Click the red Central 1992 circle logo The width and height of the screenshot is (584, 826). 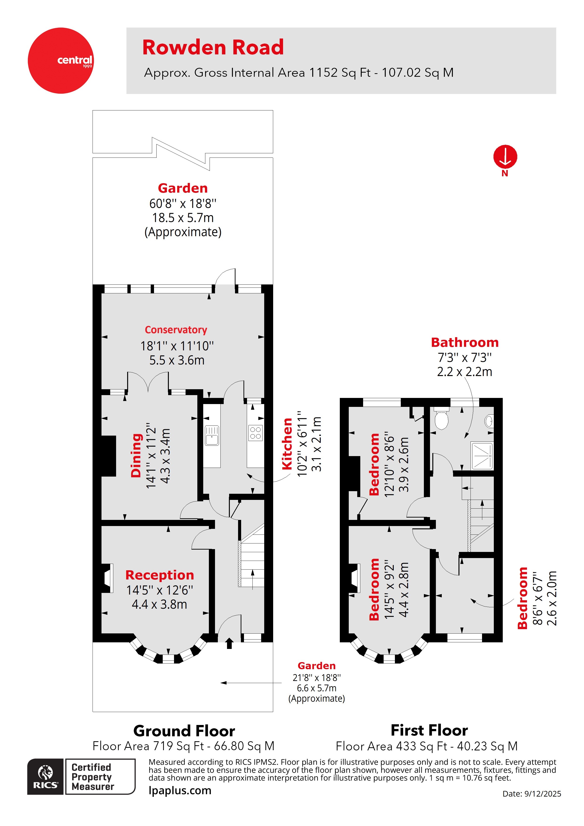(61, 61)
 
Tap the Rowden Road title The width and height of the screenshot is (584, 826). (213, 48)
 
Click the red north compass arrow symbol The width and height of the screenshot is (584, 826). (505, 157)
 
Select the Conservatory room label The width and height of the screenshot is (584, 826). (176, 330)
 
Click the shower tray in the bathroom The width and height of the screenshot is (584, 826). (482, 456)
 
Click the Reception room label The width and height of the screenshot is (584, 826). (159, 575)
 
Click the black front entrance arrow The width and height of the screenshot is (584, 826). (229, 643)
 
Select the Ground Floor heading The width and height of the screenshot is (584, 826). (184, 731)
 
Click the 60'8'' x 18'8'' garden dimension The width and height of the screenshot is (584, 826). (182, 204)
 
